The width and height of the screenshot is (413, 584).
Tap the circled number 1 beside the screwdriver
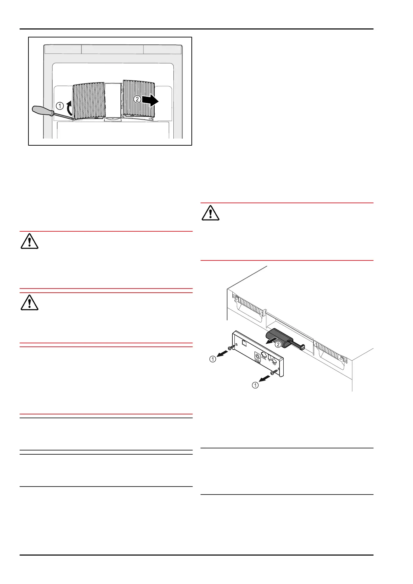pyautogui.click(x=60, y=106)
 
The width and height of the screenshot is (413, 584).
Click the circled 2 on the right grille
pyautogui.click(x=137, y=99)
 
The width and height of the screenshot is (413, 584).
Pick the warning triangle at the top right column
pyautogui.click(x=210, y=213)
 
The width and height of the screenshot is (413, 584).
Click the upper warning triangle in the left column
pyautogui.click(x=29, y=241)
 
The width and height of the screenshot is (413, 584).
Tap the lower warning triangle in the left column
pyautogui.click(x=29, y=303)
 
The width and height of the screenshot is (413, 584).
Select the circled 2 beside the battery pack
pyautogui.click(x=278, y=345)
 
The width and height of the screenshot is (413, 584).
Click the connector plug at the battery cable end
pyautogui.click(x=301, y=346)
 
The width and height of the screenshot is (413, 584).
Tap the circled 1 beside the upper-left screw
pyautogui.click(x=213, y=359)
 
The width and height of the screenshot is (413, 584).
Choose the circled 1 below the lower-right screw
pyautogui.click(x=255, y=385)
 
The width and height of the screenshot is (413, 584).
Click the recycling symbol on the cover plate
pyautogui.click(x=258, y=356)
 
